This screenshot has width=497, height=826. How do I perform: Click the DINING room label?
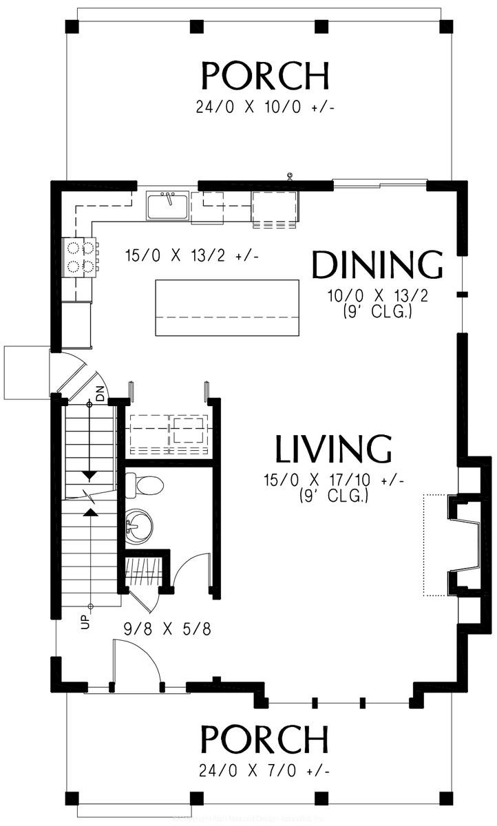[x=377, y=266]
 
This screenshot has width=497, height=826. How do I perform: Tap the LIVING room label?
[x=334, y=449]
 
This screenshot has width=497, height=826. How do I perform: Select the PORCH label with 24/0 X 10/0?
[x=265, y=76]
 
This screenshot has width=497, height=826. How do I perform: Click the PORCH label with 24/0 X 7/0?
[x=264, y=740]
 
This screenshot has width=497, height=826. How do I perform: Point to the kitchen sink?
[x=167, y=205]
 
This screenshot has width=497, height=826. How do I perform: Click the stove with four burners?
[x=79, y=257]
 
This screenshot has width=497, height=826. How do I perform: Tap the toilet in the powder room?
[x=147, y=485]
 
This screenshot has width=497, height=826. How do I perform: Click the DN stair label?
[x=101, y=395]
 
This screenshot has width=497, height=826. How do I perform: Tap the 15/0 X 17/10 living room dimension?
[x=333, y=480]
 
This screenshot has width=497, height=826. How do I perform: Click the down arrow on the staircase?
[x=89, y=476]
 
